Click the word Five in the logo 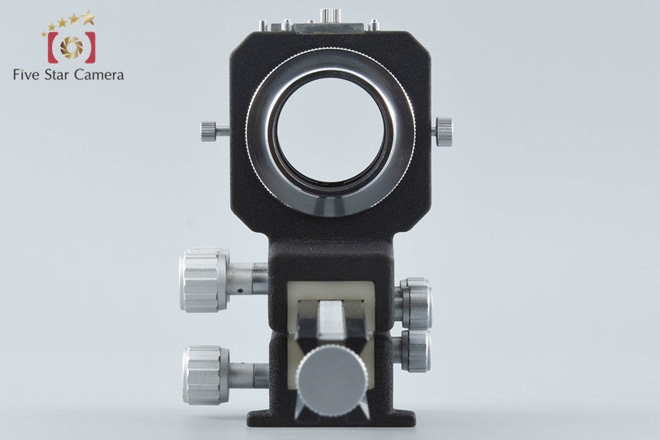coord(27,75)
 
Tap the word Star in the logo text coord(57,75)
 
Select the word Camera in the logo coord(99,75)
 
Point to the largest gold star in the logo coord(89,17)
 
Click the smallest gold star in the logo coord(44,34)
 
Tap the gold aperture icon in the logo coord(71,46)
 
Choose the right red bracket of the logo coord(89,47)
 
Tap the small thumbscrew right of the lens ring coord(443,132)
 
